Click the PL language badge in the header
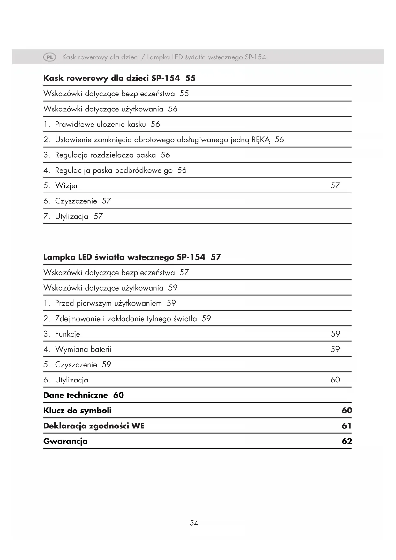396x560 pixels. coord(49,57)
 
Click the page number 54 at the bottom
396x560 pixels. coord(194,523)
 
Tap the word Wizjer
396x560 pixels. coord(66,186)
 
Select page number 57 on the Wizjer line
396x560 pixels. coord(335,185)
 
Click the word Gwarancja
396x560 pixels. coord(65,442)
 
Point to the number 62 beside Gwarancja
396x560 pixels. coord(347,441)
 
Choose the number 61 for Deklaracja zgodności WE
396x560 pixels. coord(347,426)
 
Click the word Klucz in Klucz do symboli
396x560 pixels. coord(54,411)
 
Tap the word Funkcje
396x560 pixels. coord(67,334)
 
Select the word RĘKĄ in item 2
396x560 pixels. coord(261,140)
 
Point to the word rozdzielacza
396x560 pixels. coord(112,155)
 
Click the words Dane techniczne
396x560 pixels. coord(76,395)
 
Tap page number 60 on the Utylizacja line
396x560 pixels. coord(335,380)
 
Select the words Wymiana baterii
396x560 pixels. coord(83,349)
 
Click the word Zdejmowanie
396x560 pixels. coord(76,319)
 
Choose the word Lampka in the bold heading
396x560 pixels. coord(59,257)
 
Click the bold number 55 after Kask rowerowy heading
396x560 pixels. coord(191,79)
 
